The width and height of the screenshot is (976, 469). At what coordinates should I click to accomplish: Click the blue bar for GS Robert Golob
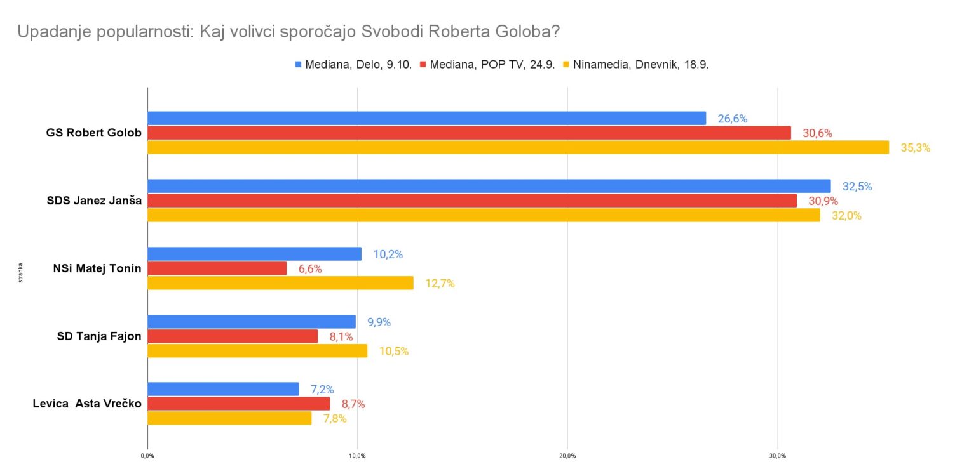pos(426,118)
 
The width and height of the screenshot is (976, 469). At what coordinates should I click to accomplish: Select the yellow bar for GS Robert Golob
pos(518,147)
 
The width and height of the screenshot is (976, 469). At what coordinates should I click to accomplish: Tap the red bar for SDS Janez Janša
pos(471,201)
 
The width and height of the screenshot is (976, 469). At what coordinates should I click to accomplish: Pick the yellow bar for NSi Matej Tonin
pos(280,283)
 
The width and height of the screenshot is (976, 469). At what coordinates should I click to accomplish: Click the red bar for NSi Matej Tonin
pos(217,268)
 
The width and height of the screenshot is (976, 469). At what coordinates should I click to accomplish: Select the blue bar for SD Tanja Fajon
pos(251,322)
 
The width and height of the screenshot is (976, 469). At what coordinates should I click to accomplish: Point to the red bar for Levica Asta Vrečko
pos(238,404)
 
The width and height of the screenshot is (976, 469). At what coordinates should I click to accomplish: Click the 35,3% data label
pos(915,148)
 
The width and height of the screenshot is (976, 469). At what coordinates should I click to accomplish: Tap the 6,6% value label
pos(310,269)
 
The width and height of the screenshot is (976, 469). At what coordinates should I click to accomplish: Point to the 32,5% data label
pos(857,187)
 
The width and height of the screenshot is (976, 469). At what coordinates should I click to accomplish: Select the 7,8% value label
pos(335,418)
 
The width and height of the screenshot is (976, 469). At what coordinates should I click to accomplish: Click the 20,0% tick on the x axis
pos(567,456)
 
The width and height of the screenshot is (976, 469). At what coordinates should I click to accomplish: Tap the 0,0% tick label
pos(147,456)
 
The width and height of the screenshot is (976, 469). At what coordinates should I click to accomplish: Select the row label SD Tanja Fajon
pos(99,336)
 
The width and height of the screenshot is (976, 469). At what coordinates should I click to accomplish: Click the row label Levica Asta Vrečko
pos(87,404)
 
